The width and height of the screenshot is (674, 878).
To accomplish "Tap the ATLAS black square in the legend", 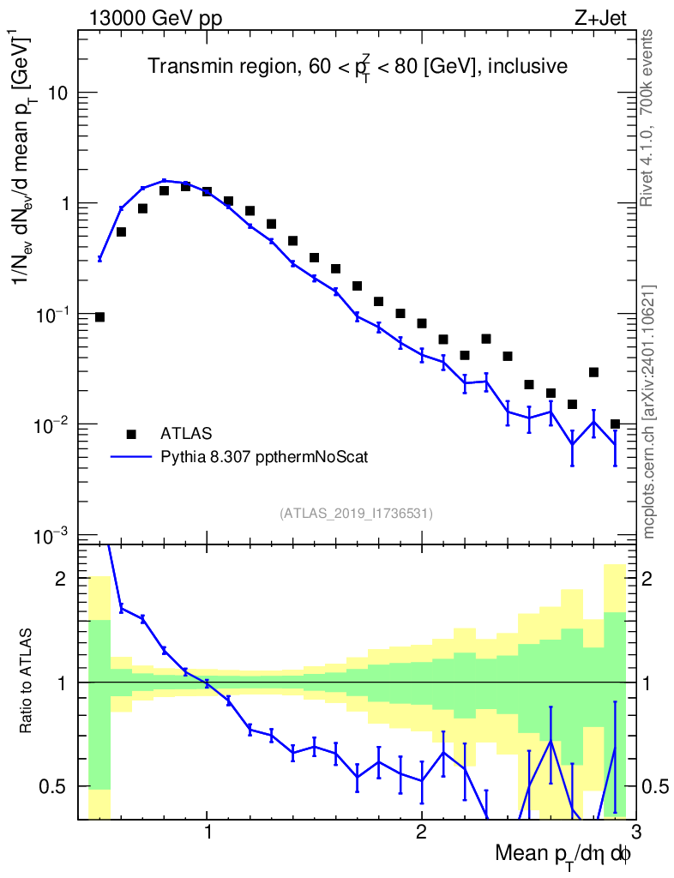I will coord(131,434).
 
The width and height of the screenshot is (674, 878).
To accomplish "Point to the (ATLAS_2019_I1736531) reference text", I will coord(356,514).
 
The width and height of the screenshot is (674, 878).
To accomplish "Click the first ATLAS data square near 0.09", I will coord(99,317).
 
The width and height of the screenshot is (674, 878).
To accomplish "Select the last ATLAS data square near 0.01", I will coord(615,424).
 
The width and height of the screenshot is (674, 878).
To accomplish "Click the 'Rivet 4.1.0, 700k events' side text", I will coord(647,117).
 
